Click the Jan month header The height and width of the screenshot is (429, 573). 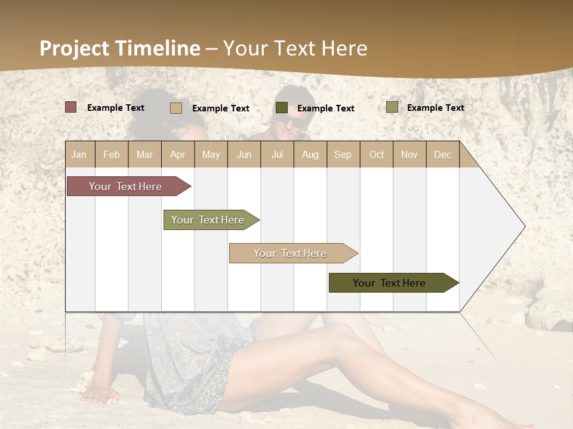pyautogui.click(x=79, y=154)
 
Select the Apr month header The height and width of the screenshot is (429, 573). pyautogui.click(x=178, y=154)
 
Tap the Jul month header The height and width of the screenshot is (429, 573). pyautogui.click(x=277, y=154)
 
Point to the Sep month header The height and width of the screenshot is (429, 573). pyautogui.click(x=343, y=154)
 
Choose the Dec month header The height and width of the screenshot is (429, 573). pyautogui.click(x=442, y=154)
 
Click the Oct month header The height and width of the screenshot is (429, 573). pyautogui.click(x=376, y=154)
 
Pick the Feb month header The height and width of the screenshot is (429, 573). pyautogui.click(x=112, y=154)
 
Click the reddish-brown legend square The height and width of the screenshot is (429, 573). pyautogui.click(x=70, y=107)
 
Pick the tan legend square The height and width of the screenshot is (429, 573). pyautogui.click(x=175, y=108)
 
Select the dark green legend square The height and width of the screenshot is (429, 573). pyautogui.click(x=281, y=108)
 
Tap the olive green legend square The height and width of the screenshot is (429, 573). pyautogui.click(x=392, y=107)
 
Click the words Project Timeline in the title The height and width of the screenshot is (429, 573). pyautogui.click(x=119, y=48)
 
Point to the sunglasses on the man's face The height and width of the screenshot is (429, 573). pyautogui.click(x=291, y=119)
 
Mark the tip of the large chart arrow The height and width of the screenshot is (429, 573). pyautogui.click(x=524, y=226)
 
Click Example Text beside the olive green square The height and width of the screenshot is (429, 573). pyautogui.click(x=435, y=108)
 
